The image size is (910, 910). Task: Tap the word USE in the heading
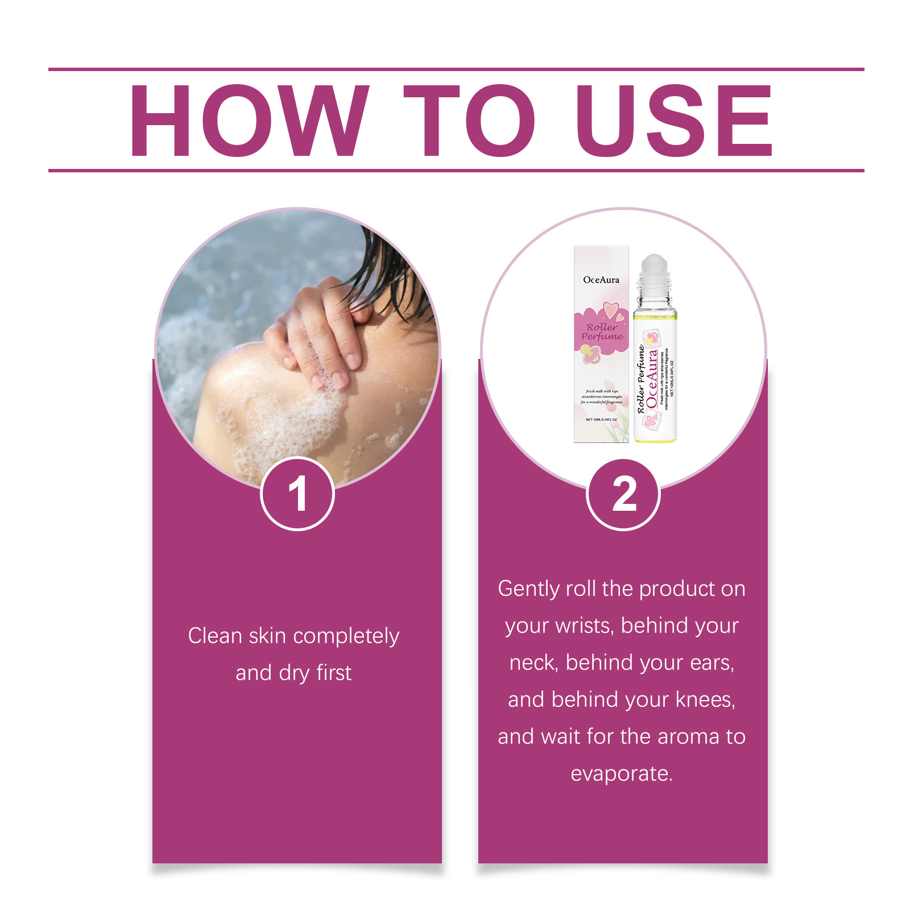(x=674, y=121)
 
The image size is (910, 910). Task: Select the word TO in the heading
(x=469, y=121)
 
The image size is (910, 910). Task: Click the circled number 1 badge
(x=297, y=494)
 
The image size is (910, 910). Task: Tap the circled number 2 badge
(x=623, y=494)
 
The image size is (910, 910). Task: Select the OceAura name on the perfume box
(x=601, y=280)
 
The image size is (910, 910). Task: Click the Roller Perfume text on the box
(x=602, y=332)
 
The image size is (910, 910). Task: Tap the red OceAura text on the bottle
(x=652, y=378)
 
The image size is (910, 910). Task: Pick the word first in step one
(x=334, y=673)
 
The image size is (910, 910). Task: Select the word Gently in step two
(x=528, y=589)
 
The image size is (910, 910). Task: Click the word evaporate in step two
(x=621, y=774)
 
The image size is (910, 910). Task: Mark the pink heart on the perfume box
(x=610, y=309)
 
